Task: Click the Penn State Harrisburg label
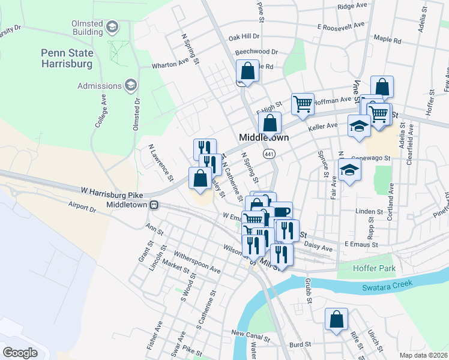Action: pyautogui.click(x=67, y=58)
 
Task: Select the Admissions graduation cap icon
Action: pyautogui.click(x=130, y=86)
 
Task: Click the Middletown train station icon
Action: pyautogui.click(x=154, y=205)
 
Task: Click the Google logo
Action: pyautogui.click(x=20, y=352)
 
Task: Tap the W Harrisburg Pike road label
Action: pyautogui.click(x=112, y=190)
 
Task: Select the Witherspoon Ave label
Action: pyautogui.click(x=200, y=271)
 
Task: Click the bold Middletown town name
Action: pyautogui.click(x=264, y=137)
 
